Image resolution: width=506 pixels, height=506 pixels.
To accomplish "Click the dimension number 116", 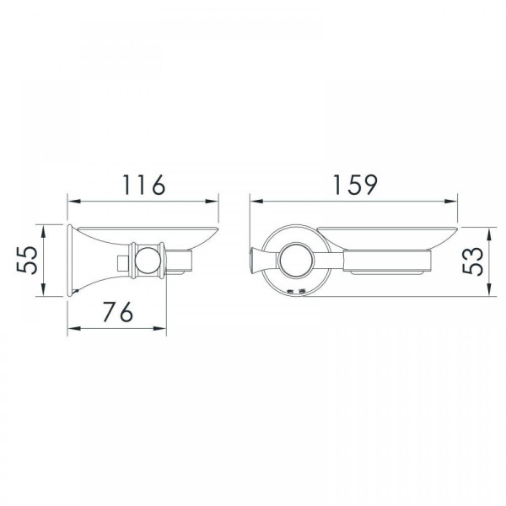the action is click(x=144, y=185).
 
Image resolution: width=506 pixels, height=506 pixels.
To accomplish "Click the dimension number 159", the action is click(x=355, y=185).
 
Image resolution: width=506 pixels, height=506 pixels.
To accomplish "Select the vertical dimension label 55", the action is click(x=27, y=260).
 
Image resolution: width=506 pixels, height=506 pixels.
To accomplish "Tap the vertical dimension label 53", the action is click(x=473, y=261).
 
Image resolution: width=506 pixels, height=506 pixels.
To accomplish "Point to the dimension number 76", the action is click(x=118, y=312).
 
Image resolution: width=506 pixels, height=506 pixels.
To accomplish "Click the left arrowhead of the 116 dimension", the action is click(x=74, y=202).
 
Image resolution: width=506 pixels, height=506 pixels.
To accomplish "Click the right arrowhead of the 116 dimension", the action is click(x=212, y=202).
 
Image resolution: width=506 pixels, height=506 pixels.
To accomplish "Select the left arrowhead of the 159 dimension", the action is click(x=256, y=202).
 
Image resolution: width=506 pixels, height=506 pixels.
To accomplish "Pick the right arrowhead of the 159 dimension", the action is click(x=451, y=202).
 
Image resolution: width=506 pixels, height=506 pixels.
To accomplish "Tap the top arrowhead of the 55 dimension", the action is click(x=44, y=231).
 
